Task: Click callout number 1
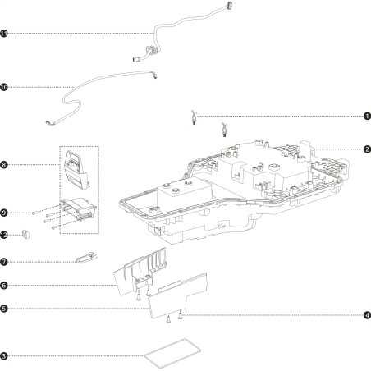(367, 117)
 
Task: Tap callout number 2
(367, 149)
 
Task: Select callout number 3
(4, 356)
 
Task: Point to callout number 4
(367, 315)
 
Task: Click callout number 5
(4, 309)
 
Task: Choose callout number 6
(4, 286)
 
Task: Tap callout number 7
(4, 262)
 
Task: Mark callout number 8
(4, 165)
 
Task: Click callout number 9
(4, 213)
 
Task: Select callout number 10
(4, 87)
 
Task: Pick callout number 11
(4, 34)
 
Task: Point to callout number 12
(4, 235)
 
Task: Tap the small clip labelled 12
(25, 235)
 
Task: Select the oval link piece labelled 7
(87, 257)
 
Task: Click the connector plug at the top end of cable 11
(229, 5)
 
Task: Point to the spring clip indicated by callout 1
(194, 117)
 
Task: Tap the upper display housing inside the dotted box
(76, 170)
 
